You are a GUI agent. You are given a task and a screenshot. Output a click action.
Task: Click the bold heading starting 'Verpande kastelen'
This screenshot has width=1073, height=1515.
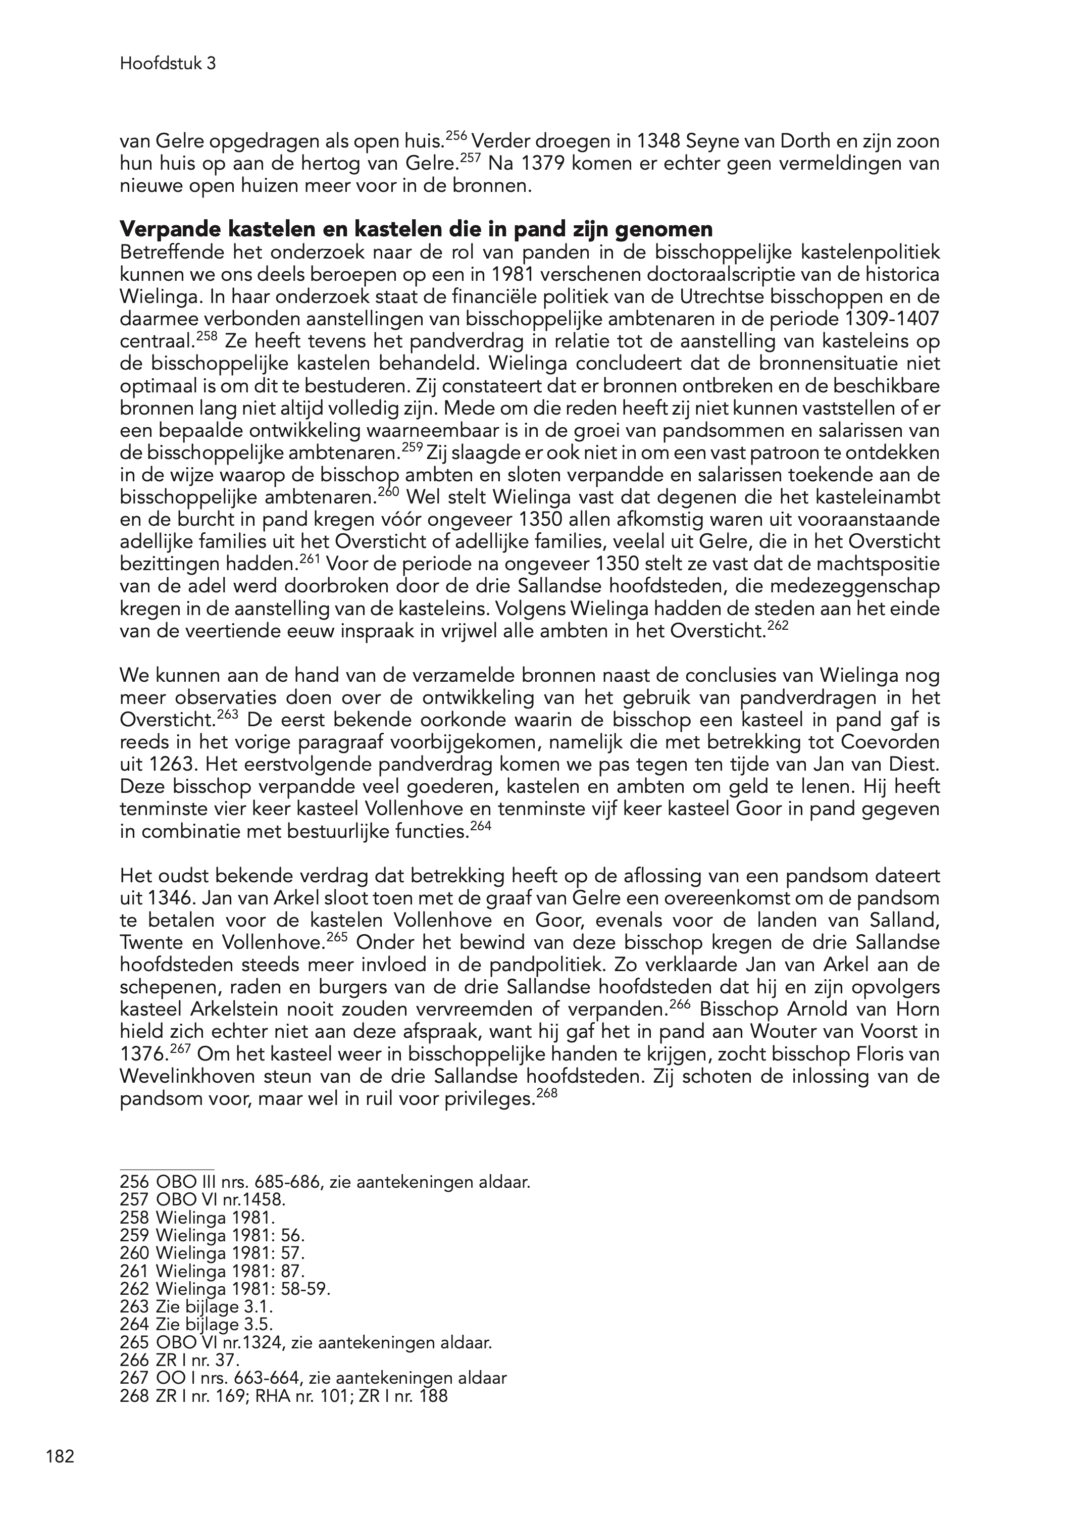point(416,229)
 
